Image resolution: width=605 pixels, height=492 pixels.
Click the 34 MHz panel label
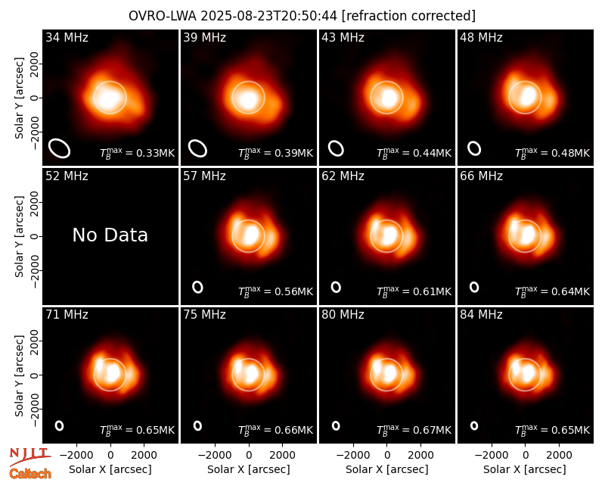click(67, 37)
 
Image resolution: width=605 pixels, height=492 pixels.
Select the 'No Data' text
click(110, 235)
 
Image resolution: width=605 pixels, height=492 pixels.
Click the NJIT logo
click(29, 456)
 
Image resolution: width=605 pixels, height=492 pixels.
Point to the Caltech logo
click(30, 474)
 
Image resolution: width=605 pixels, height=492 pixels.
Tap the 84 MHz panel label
click(481, 315)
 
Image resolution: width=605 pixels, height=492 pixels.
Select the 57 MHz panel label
click(204, 176)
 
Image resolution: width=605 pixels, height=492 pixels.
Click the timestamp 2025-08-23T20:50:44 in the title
click(269, 16)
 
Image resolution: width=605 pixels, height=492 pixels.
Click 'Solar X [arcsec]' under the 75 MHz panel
click(249, 469)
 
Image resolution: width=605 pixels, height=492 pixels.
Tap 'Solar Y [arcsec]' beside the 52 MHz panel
click(20, 236)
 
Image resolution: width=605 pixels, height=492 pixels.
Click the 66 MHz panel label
click(481, 176)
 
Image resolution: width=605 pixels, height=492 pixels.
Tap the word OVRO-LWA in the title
click(163, 16)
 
